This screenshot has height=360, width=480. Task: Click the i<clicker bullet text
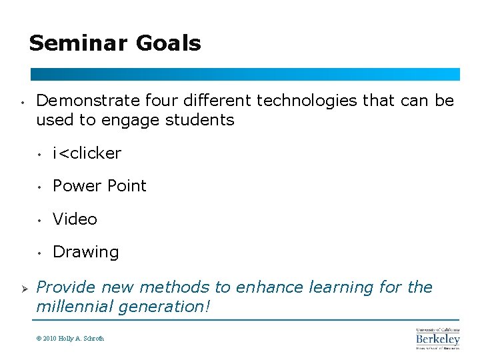(x=87, y=153)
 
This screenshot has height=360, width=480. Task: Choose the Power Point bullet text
(x=99, y=186)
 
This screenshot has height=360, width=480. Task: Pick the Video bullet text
(x=75, y=219)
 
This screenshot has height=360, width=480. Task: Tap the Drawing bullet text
(x=85, y=252)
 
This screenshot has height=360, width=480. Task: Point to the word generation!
(x=167, y=307)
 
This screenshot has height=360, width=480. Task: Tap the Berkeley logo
(x=438, y=339)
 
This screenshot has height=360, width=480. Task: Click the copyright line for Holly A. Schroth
(x=71, y=339)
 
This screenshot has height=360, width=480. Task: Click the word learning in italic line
(x=342, y=287)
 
